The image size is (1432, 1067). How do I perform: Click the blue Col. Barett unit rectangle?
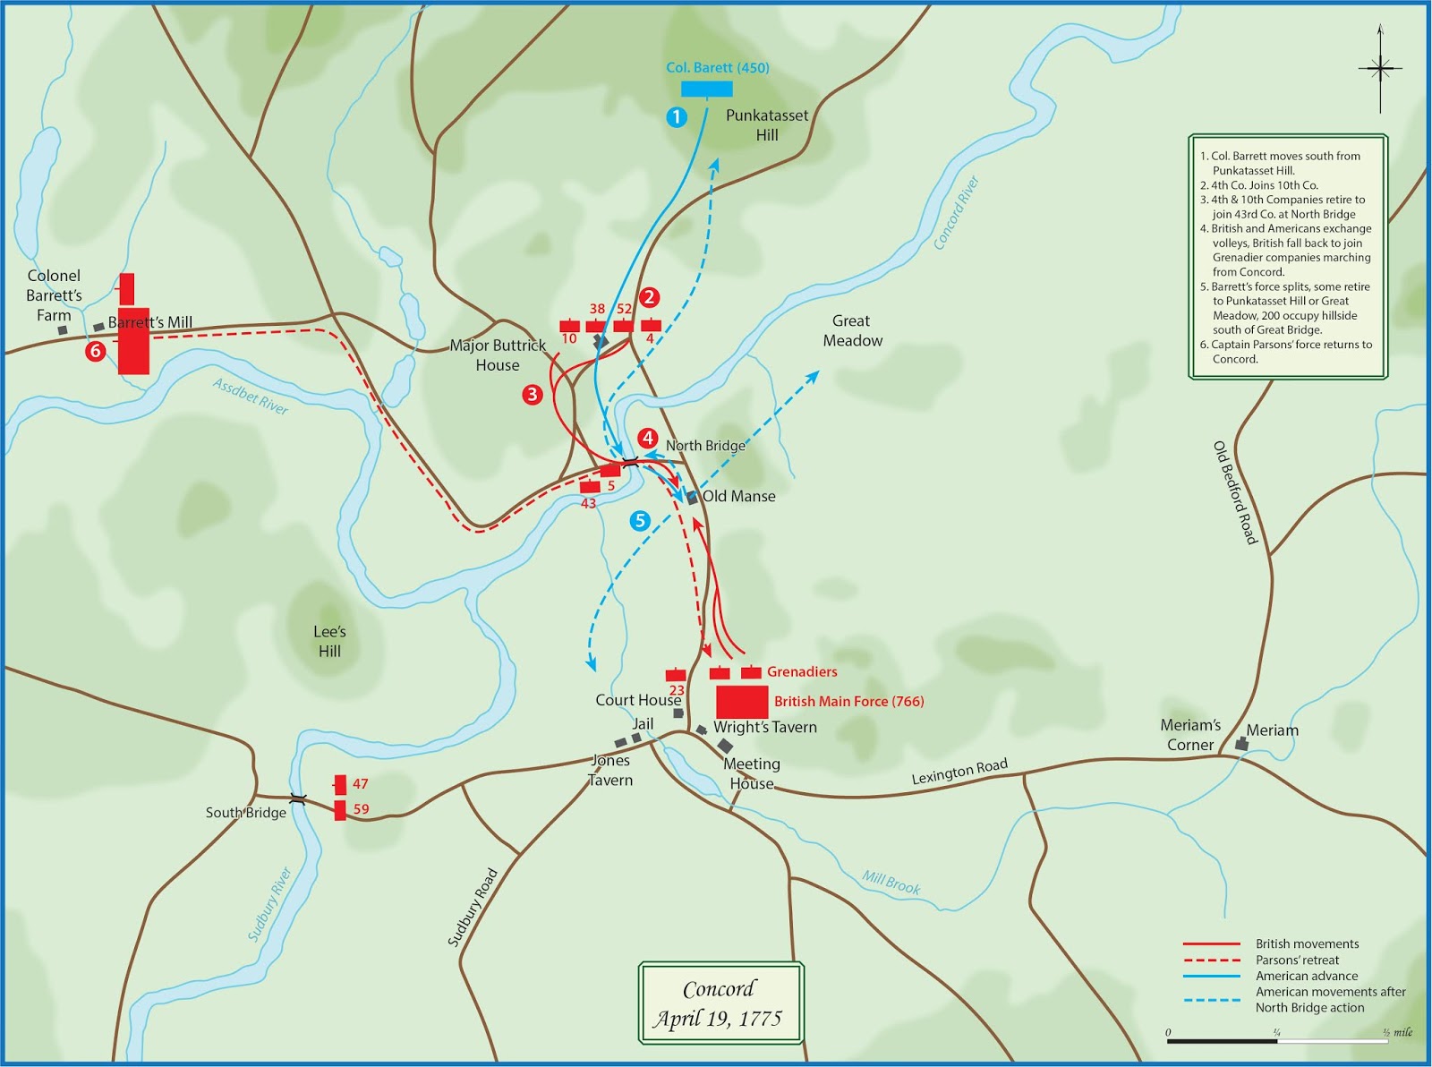(706, 89)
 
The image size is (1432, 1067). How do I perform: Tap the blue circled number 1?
(677, 117)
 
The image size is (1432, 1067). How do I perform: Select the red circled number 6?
(95, 351)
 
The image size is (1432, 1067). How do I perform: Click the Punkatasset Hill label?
(766, 125)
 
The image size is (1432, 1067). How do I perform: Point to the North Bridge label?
(704, 446)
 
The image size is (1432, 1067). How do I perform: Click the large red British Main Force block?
(742, 702)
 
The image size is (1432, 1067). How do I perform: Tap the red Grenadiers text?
(802, 671)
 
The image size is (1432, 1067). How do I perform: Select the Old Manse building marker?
(692, 498)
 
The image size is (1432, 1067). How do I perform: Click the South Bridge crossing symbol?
(298, 799)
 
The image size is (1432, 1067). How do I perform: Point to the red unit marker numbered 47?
(340, 785)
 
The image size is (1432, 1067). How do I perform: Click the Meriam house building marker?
(1240, 744)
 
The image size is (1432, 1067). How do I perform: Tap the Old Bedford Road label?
(1235, 492)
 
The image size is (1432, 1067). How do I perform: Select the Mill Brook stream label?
(891, 883)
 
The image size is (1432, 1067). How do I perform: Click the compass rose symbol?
(1380, 68)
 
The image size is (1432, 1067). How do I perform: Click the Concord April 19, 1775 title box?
(720, 1003)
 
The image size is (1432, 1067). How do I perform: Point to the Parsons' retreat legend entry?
(1297, 960)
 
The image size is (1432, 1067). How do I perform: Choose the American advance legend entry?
(1306, 976)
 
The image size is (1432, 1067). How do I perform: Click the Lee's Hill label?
(329, 642)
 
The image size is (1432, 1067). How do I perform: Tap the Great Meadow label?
(852, 330)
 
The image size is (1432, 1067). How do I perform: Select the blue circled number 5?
(640, 521)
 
